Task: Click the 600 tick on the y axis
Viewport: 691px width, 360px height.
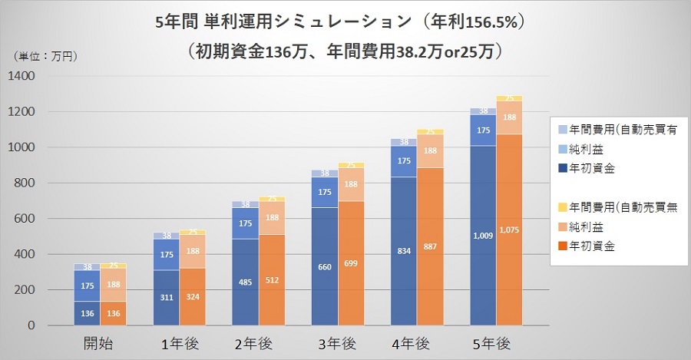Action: (x=25, y=218)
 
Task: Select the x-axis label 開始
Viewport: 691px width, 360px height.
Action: (x=100, y=343)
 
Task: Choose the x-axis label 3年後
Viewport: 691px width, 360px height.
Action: (x=338, y=343)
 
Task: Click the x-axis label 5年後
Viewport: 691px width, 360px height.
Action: (x=497, y=343)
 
